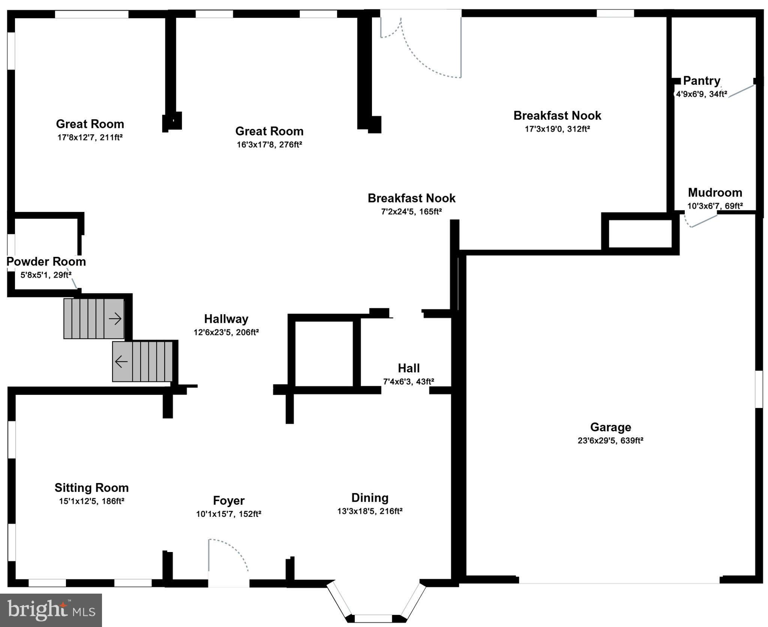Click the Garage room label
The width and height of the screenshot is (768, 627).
(610, 427)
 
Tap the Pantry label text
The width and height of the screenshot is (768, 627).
(701, 81)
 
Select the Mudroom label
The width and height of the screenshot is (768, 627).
(715, 193)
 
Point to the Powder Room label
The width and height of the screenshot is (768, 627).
(46, 261)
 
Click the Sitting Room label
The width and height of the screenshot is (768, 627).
(91, 487)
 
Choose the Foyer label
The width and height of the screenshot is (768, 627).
(228, 501)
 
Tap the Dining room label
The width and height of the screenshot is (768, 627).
(370, 498)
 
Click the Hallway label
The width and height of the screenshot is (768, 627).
(226, 319)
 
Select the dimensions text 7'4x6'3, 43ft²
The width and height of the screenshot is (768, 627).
(408, 382)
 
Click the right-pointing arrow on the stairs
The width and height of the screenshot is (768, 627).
(115, 319)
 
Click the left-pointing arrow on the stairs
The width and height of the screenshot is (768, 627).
(121, 362)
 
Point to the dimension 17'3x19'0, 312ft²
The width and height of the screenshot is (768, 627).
(557, 129)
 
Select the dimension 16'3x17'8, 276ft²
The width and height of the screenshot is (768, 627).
(269, 145)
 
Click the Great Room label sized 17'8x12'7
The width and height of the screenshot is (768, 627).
(90, 124)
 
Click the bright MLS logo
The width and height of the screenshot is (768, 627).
(51, 610)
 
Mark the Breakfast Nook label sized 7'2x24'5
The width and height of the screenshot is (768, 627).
(411, 198)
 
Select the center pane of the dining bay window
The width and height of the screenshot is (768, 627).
(373, 618)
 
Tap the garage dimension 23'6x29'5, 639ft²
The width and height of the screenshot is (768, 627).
(610, 441)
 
